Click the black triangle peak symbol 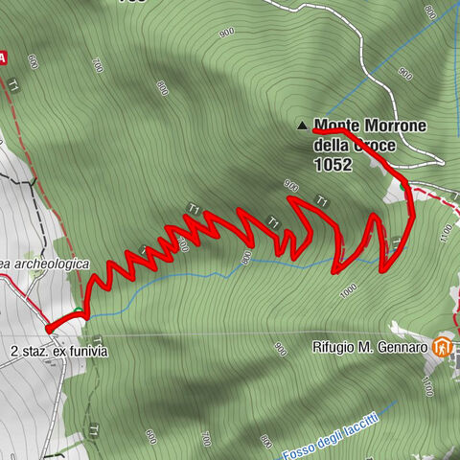tap(303, 125)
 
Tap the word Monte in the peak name tap(333, 125)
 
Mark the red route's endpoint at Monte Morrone tap(315, 130)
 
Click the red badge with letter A tap(4, 57)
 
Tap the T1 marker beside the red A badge tap(13, 86)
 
